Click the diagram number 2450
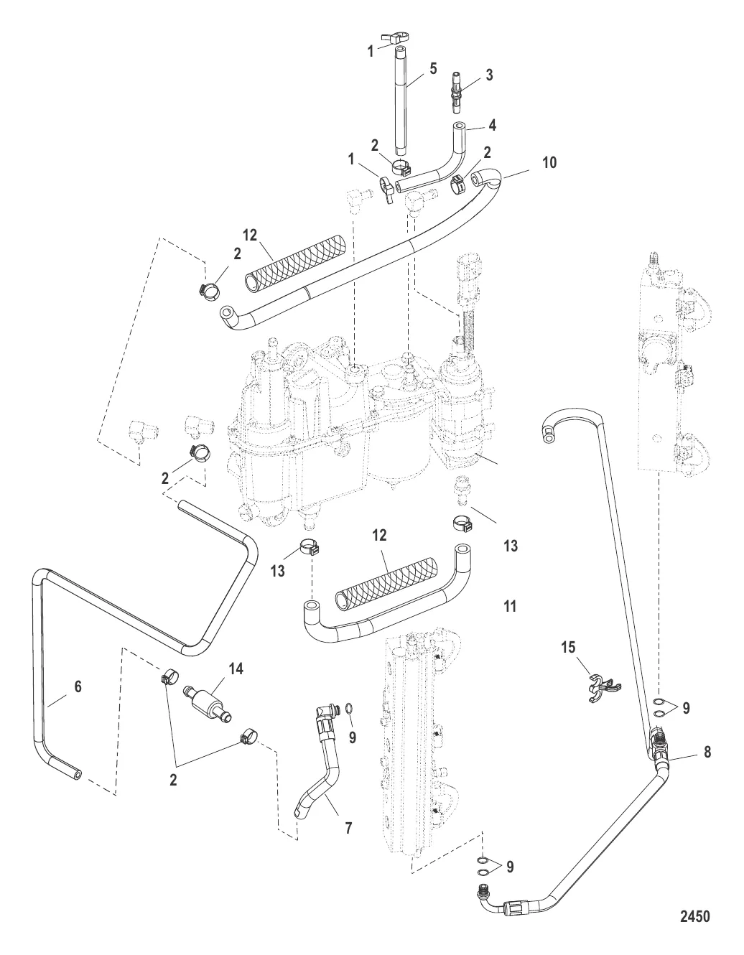click(694, 916)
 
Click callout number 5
click(432, 70)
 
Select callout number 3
click(489, 75)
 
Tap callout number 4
click(492, 124)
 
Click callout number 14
click(236, 669)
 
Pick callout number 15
click(568, 648)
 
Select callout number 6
click(78, 687)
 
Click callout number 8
click(707, 753)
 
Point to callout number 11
click(510, 607)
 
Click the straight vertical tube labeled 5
click(400, 108)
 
